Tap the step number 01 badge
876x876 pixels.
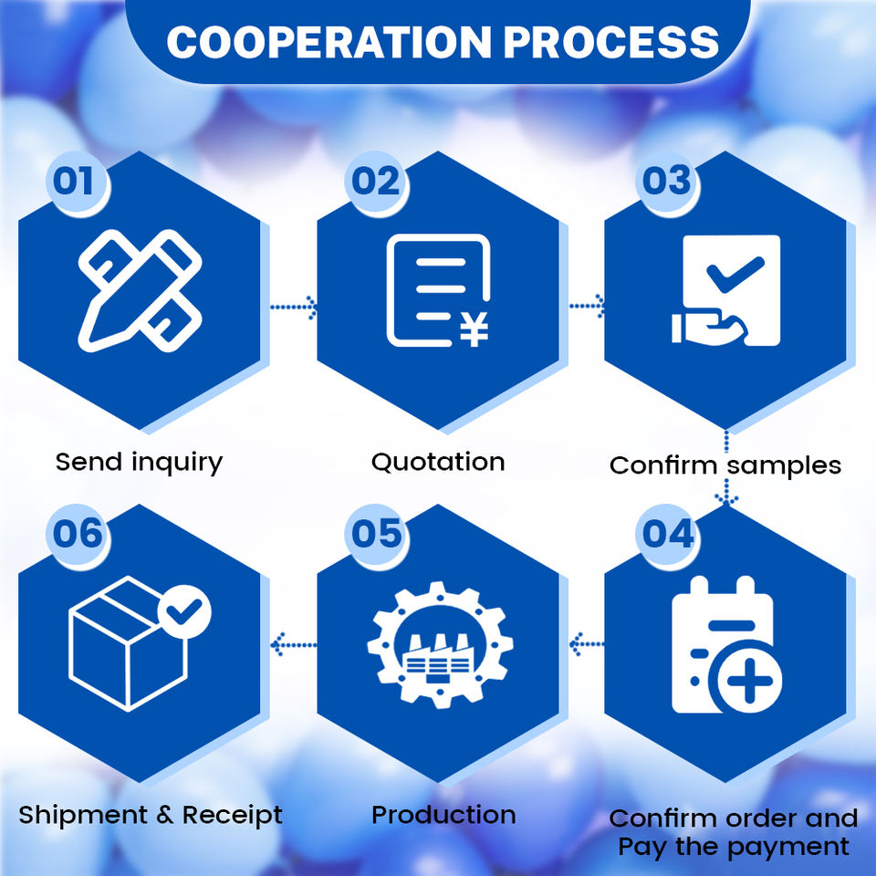[x=74, y=181]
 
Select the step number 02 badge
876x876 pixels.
[x=376, y=181]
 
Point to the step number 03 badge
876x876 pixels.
[x=666, y=181]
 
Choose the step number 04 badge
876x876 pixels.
[x=667, y=534]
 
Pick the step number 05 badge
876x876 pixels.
[x=376, y=534]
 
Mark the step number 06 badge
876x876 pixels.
[x=77, y=534]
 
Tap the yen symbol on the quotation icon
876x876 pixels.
[x=473, y=329]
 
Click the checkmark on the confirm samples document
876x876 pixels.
[x=735, y=273]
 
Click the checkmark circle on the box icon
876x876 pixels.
[x=184, y=612]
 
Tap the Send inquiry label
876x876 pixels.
[x=139, y=462]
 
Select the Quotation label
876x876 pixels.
[x=438, y=462]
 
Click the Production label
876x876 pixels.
[x=443, y=814]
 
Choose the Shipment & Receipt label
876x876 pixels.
[x=151, y=814]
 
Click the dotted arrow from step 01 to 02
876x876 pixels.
[x=293, y=308]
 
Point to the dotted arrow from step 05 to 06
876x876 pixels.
[x=293, y=645]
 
